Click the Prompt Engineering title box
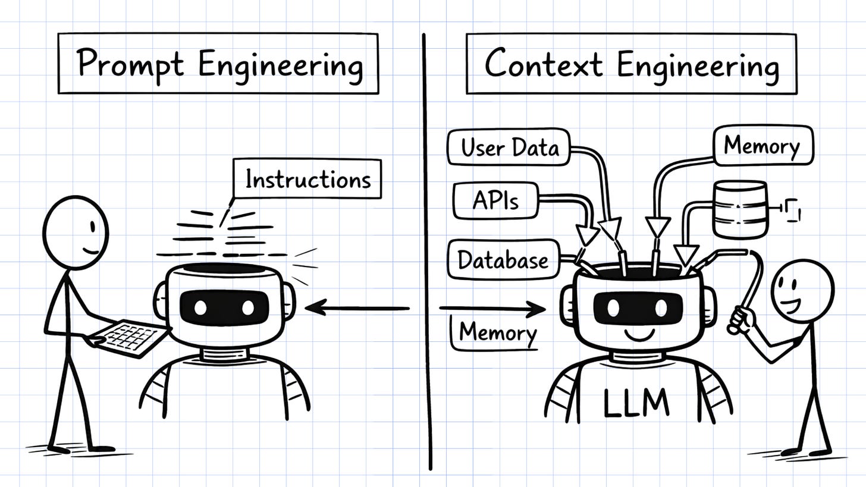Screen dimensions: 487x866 point(218,64)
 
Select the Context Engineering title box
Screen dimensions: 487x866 point(630,64)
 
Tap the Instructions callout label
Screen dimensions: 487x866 point(307,178)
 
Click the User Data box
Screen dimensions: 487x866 point(509,147)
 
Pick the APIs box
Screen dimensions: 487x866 point(495,201)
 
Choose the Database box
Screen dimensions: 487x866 point(503,259)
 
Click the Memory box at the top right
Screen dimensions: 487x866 point(763,145)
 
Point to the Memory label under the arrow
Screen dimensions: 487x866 point(497,332)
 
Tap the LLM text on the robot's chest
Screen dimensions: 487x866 point(636,403)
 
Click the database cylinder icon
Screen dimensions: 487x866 point(740,210)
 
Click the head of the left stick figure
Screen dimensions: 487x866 point(76,232)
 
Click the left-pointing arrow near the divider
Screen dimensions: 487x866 point(357,308)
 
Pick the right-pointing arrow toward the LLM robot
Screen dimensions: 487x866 point(492,308)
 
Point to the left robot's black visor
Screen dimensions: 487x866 point(224,307)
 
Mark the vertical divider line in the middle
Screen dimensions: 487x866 point(426,250)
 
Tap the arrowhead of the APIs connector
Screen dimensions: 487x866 point(588,237)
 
